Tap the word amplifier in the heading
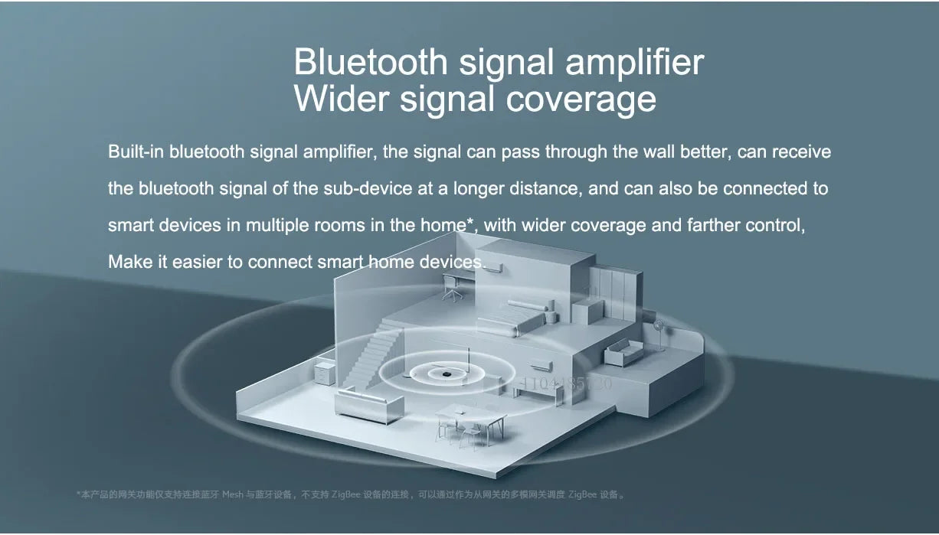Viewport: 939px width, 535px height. point(634,62)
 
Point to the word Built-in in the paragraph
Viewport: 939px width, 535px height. point(136,152)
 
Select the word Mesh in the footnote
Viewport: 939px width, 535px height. point(232,494)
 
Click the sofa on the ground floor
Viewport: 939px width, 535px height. point(369,404)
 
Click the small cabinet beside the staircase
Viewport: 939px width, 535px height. point(325,373)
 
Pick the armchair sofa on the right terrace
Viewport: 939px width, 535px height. point(625,354)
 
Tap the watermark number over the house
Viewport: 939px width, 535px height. point(566,383)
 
